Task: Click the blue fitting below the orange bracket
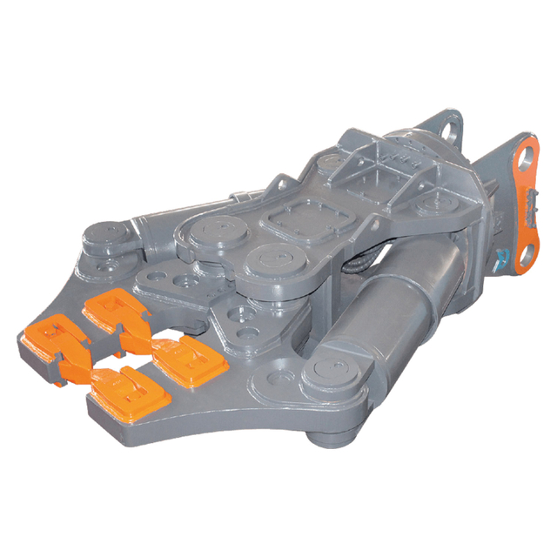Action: tap(503, 259)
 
